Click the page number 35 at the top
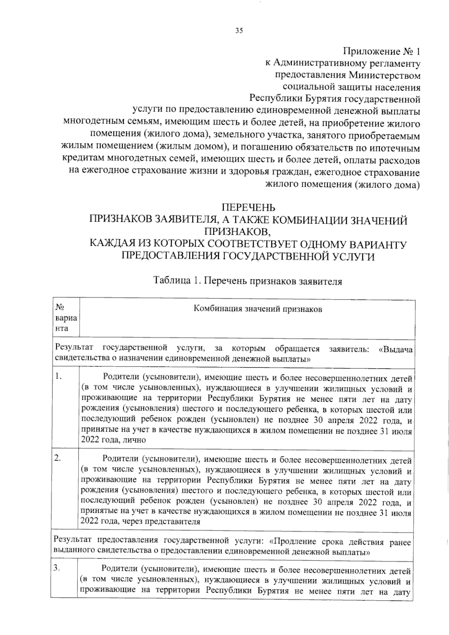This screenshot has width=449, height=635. coord(239,31)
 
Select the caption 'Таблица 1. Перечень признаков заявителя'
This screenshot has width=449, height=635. coord(247,281)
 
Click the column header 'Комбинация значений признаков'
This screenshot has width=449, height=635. coord(258,309)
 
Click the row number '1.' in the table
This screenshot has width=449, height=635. coord(58,377)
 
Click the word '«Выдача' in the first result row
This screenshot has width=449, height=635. coord(395,349)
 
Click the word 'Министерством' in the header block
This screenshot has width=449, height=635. coord(384,75)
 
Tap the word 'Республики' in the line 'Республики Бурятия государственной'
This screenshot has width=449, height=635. coord(276,99)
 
